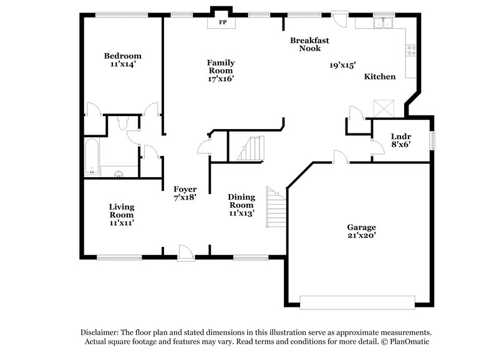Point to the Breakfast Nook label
pyautogui.click(x=309, y=44)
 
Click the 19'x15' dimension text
pyautogui.click(x=342, y=64)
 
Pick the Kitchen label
pyautogui.click(x=380, y=77)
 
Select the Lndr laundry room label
pyautogui.click(x=400, y=140)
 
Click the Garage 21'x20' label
pyautogui.click(x=361, y=232)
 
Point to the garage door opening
pyautogui.click(x=357, y=300)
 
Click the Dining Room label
pyautogui.click(x=241, y=205)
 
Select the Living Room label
pyautogui.click(x=122, y=214)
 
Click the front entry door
pyautogui.click(x=185, y=252)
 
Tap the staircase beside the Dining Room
pyautogui.click(x=275, y=207)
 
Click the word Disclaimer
pyautogui.click(x=102, y=332)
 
